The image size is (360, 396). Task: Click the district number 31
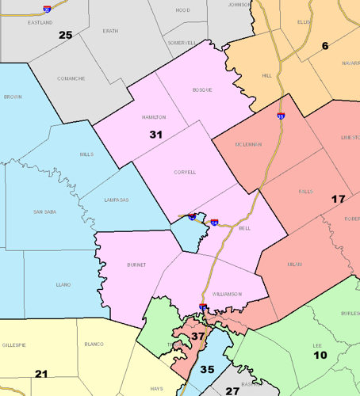(x=156, y=135)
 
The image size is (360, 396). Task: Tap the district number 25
(x=65, y=35)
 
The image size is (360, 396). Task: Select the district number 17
(x=338, y=198)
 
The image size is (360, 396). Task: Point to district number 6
(x=325, y=46)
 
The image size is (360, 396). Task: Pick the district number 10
(x=320, y=356)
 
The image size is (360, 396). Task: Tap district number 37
(x=197, y=337)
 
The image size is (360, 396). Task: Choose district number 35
(x=207, y=369)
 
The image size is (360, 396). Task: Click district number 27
(x=232, y=390)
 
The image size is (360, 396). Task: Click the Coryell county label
(x=184, y=172)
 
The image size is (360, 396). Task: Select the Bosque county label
(x=202, y=90)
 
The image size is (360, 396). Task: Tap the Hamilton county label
(x=154, y=116)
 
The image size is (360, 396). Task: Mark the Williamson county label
(x=226, y=294)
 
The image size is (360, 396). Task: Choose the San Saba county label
(x=44, y=212)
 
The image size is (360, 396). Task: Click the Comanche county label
(x=71, y=78)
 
